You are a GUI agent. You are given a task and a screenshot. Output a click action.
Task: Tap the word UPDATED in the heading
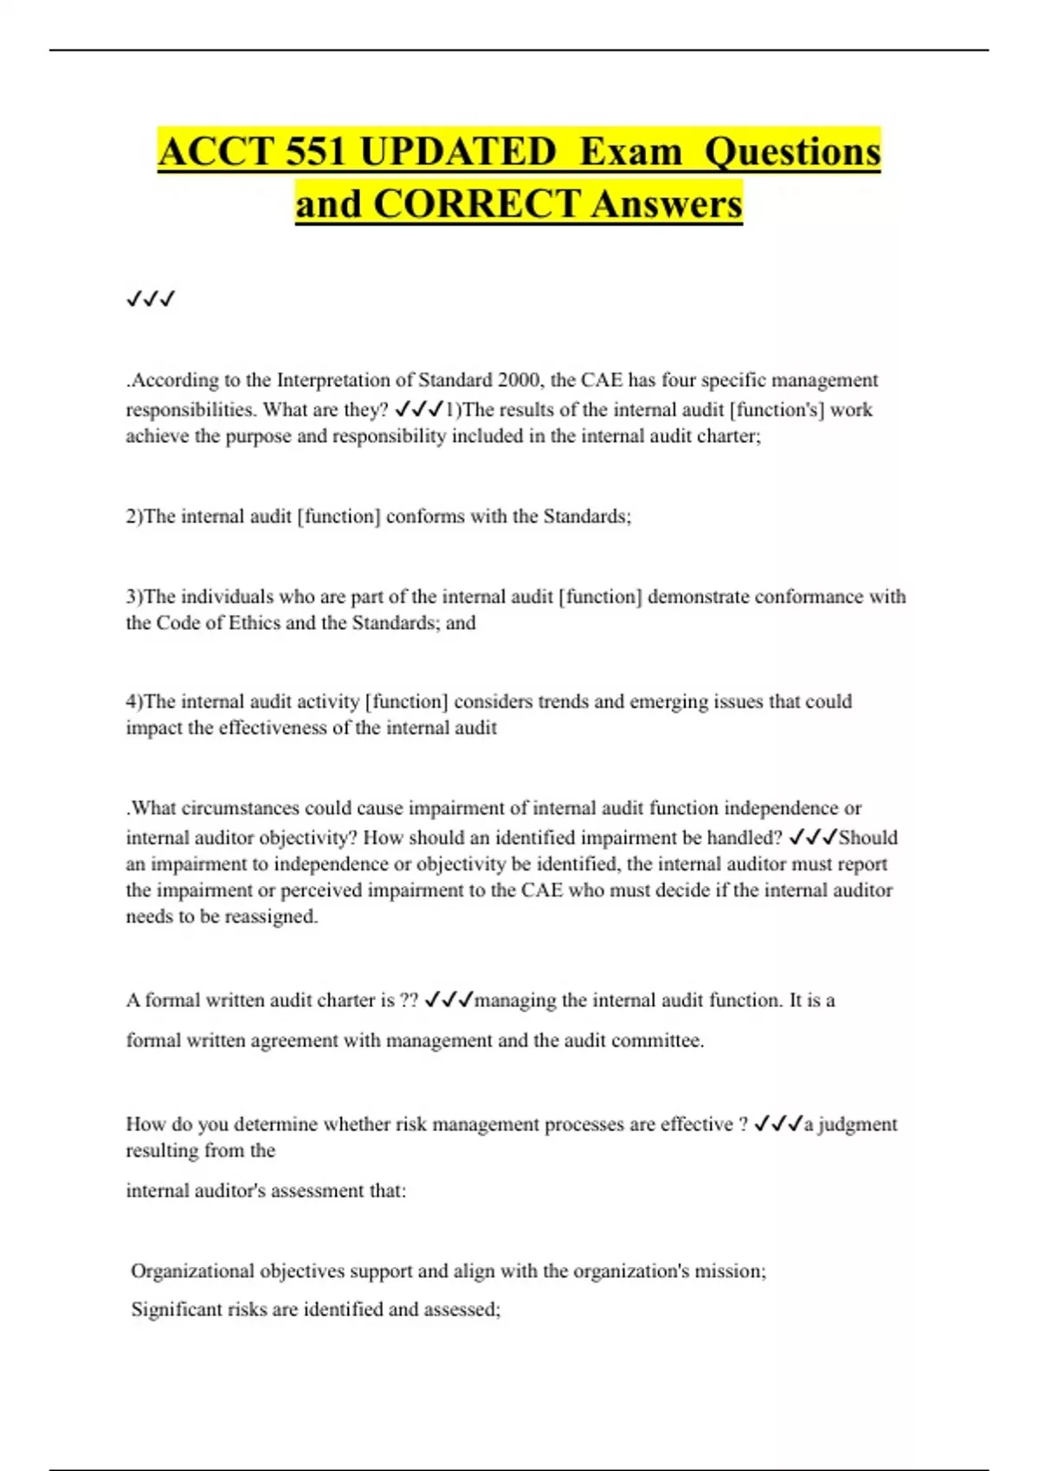tap(456, 152)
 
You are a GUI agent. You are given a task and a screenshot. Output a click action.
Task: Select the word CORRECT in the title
tap(476, 204)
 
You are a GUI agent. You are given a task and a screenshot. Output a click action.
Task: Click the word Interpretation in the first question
tap(345, 380)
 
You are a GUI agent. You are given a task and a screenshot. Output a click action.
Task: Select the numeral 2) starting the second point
tap(134, 517)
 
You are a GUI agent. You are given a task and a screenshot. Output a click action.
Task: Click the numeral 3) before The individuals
tap(134, 597)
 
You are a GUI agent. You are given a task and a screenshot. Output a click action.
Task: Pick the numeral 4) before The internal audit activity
tap(134, 702)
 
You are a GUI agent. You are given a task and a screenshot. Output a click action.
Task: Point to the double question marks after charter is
tap(409, 1000)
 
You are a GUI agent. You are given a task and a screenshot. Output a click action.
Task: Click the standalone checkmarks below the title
tap(151, 299)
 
